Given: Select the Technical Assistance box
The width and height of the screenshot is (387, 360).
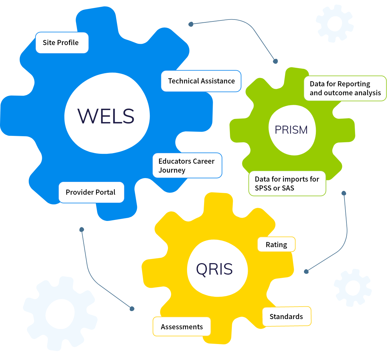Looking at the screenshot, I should point(201,81).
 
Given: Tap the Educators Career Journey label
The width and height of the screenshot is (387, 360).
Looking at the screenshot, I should point(187,166).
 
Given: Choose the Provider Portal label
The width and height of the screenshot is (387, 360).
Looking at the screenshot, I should point(91,192).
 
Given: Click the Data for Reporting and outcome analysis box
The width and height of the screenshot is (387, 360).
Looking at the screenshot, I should point(345,88).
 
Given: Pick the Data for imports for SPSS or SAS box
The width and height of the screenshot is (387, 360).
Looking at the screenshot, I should point(287,184).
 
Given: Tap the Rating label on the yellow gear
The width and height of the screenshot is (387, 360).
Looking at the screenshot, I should point(276,245).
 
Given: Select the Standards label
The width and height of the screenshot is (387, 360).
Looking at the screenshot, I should point(286,317).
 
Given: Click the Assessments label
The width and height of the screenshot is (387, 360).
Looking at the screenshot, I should point(182,327).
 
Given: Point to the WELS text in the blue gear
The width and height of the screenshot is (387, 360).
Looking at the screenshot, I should point(106,116).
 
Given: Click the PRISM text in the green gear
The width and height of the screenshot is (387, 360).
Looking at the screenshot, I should point(291,130).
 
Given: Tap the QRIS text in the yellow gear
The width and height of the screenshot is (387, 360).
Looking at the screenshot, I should point(214,269).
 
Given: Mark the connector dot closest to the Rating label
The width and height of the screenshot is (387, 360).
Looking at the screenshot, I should point(306,271).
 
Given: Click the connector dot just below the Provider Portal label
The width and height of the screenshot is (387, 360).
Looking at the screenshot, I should point(82,230).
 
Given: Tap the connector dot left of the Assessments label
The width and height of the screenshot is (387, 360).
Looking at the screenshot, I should point(132,309).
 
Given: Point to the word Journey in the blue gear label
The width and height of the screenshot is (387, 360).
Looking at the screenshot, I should point(172,170).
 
